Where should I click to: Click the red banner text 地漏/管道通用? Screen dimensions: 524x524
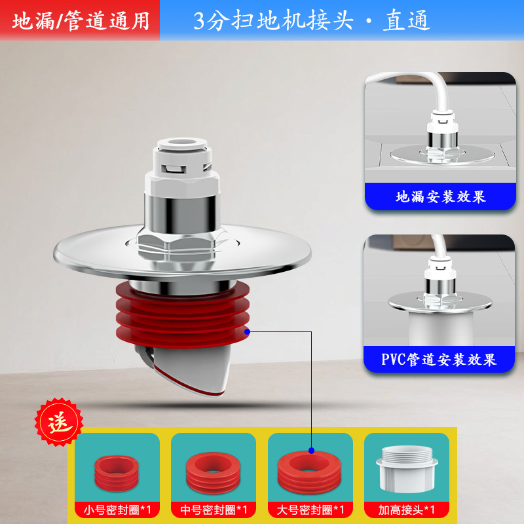(80, 21)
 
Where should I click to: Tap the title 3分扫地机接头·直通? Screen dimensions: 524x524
(312, 21)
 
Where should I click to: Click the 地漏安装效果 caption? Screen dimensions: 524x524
(441, 196)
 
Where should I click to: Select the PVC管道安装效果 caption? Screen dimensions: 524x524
(439, 359)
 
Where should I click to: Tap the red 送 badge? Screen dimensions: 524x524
(58, 422)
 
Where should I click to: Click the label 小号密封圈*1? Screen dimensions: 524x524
(117, 508)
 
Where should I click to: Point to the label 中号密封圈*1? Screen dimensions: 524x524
(214, 508)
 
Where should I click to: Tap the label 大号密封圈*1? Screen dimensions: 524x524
(310, 508)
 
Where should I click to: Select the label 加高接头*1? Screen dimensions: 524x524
(407, 508)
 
